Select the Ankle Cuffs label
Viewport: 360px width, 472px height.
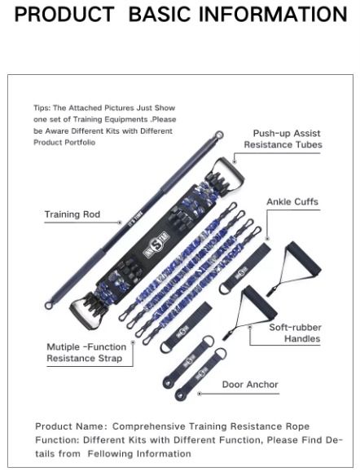pyautogui.click(x=292, y=201)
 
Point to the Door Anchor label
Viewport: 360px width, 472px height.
pyautogui.click(x=250, y=384)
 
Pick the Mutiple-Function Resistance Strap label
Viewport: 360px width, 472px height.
pyautogui.click(x=86, y=352)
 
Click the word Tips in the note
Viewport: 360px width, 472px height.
pyautogui.click(x=42, y=108)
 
